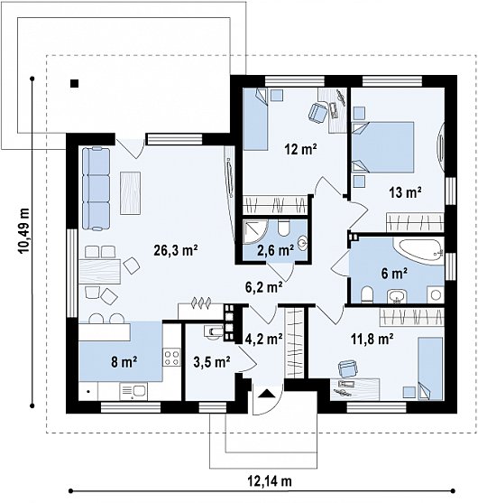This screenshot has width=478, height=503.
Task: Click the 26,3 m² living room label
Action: (176, 250)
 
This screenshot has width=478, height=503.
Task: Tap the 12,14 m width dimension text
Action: (270, 481)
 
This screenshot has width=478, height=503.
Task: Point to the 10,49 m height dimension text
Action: (24, 230)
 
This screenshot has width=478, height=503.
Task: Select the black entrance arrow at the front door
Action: (266, 394)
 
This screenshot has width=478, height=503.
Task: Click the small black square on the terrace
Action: (75, 83)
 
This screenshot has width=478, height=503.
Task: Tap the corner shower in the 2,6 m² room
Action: (254, 232)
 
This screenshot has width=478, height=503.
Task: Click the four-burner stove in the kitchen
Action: (171, 358)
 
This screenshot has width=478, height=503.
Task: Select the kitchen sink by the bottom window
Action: (133, 391)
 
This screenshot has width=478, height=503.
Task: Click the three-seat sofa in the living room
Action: (96, 188)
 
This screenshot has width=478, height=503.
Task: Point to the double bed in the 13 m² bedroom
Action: (382, 147)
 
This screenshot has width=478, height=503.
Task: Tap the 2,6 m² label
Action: (275, 250)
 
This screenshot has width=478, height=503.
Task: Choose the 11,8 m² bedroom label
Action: (372, 339)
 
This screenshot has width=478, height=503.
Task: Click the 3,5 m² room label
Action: (212, 362)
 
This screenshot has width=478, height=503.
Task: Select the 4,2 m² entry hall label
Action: (264, 339)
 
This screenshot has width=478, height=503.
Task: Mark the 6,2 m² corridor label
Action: (264, 287)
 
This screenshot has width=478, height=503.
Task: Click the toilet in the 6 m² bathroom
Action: (367, 294)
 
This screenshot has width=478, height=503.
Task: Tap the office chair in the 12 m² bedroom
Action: (317, 112)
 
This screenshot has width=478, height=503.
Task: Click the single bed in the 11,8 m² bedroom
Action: (430, 368)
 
